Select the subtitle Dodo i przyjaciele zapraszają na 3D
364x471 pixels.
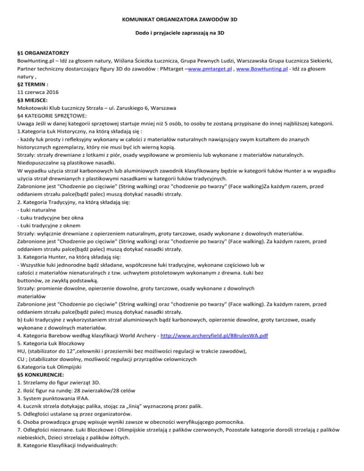click(x=182, y=35)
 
